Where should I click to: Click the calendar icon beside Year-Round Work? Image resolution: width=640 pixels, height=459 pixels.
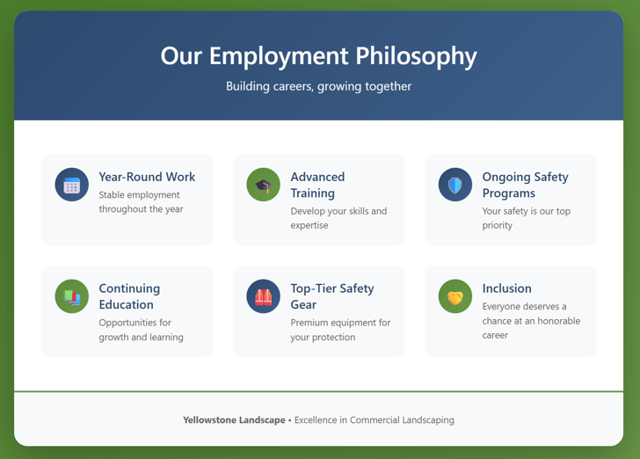[72, 186]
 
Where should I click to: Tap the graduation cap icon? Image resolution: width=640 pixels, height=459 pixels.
[263, 186]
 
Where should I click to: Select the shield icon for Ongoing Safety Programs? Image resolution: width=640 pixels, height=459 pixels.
[455, 186]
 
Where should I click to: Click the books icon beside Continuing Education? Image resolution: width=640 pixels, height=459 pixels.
[72, 297]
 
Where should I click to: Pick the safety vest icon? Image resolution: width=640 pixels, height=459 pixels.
[263, 297]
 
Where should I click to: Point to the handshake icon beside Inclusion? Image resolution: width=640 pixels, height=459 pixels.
[455, 297]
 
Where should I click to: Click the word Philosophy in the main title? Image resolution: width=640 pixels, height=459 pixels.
[416, 56]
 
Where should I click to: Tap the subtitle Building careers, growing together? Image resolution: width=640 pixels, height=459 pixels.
[318, 86]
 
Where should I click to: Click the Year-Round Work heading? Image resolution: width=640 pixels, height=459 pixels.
[147, 177]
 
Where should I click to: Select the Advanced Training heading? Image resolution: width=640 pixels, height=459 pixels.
[317, 185]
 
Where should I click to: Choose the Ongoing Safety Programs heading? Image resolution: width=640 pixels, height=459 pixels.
[525, 185]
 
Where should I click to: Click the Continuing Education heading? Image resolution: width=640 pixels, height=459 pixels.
[129, 296]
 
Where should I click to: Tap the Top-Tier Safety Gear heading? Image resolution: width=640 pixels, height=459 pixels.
[331, 296]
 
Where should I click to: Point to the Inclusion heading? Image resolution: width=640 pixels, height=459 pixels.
[506, 288]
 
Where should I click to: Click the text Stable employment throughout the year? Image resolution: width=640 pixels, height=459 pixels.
[141, 202]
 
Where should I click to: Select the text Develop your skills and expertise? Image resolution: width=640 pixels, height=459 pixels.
[338, 218]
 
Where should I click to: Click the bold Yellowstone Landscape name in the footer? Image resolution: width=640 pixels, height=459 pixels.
[234, 420]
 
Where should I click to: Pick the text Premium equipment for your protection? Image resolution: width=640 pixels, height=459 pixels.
[340, 330]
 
